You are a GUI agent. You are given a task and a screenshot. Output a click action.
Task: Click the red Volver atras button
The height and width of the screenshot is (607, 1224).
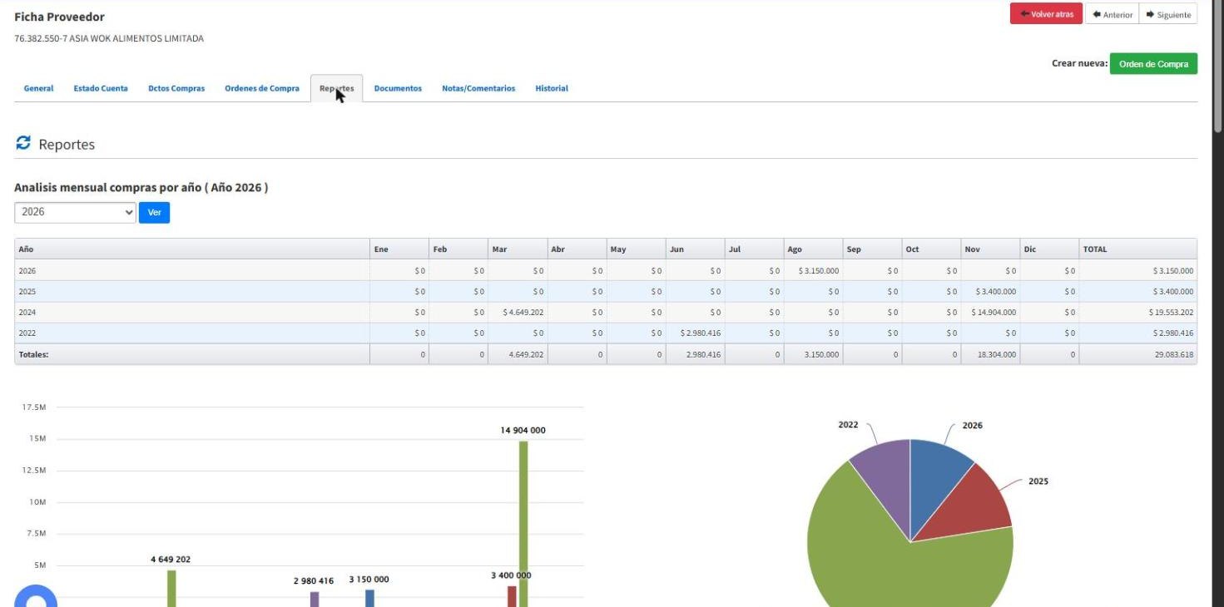pyautogui.click(x=1046, y=13)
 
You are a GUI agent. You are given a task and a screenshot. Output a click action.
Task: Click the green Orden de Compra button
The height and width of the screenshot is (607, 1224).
pyautogui.click(x=1153, y=64)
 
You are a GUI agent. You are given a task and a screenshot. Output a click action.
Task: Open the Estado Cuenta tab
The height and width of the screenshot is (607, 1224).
pyautogui.click(x=101, y=88)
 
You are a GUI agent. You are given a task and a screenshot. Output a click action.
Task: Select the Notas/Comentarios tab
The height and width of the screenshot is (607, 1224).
pyautogui.click(x=478, y=88)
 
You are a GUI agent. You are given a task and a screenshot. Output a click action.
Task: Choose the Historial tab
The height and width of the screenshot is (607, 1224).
pyautogui.click(x=552, y=88)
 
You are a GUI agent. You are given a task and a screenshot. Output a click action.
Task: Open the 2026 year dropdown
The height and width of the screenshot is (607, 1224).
pyautogui.click(x=75, y=212)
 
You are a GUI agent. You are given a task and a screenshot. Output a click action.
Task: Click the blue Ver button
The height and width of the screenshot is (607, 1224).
pyautogui.click(x=154, y=212)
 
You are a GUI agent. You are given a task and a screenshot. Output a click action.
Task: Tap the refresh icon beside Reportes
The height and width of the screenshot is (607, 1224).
pyautogui.click(x=23, y=143)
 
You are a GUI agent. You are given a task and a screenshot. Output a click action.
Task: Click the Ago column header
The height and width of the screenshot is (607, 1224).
pyautogui.click(x=795, y=249)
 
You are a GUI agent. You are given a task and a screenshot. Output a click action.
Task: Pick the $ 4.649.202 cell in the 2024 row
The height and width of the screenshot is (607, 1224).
pyautogui.click(x=523, y=313)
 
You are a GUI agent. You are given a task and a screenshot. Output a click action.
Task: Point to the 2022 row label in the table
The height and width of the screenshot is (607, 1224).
pyautogui.click(x=27, y=333)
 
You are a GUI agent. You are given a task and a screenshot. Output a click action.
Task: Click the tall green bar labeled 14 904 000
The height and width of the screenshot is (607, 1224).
pyautogui.click(x=523, y=524)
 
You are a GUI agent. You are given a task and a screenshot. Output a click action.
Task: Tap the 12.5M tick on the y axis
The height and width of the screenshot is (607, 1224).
pyautogui.click(x=34, y=471)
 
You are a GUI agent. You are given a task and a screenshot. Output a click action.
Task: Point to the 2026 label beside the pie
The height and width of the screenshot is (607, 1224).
pyautogui.click(x=972, y=425)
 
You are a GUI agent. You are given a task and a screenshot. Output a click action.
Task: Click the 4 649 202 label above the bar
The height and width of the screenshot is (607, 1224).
pyautogui.click(x=171, y=560)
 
